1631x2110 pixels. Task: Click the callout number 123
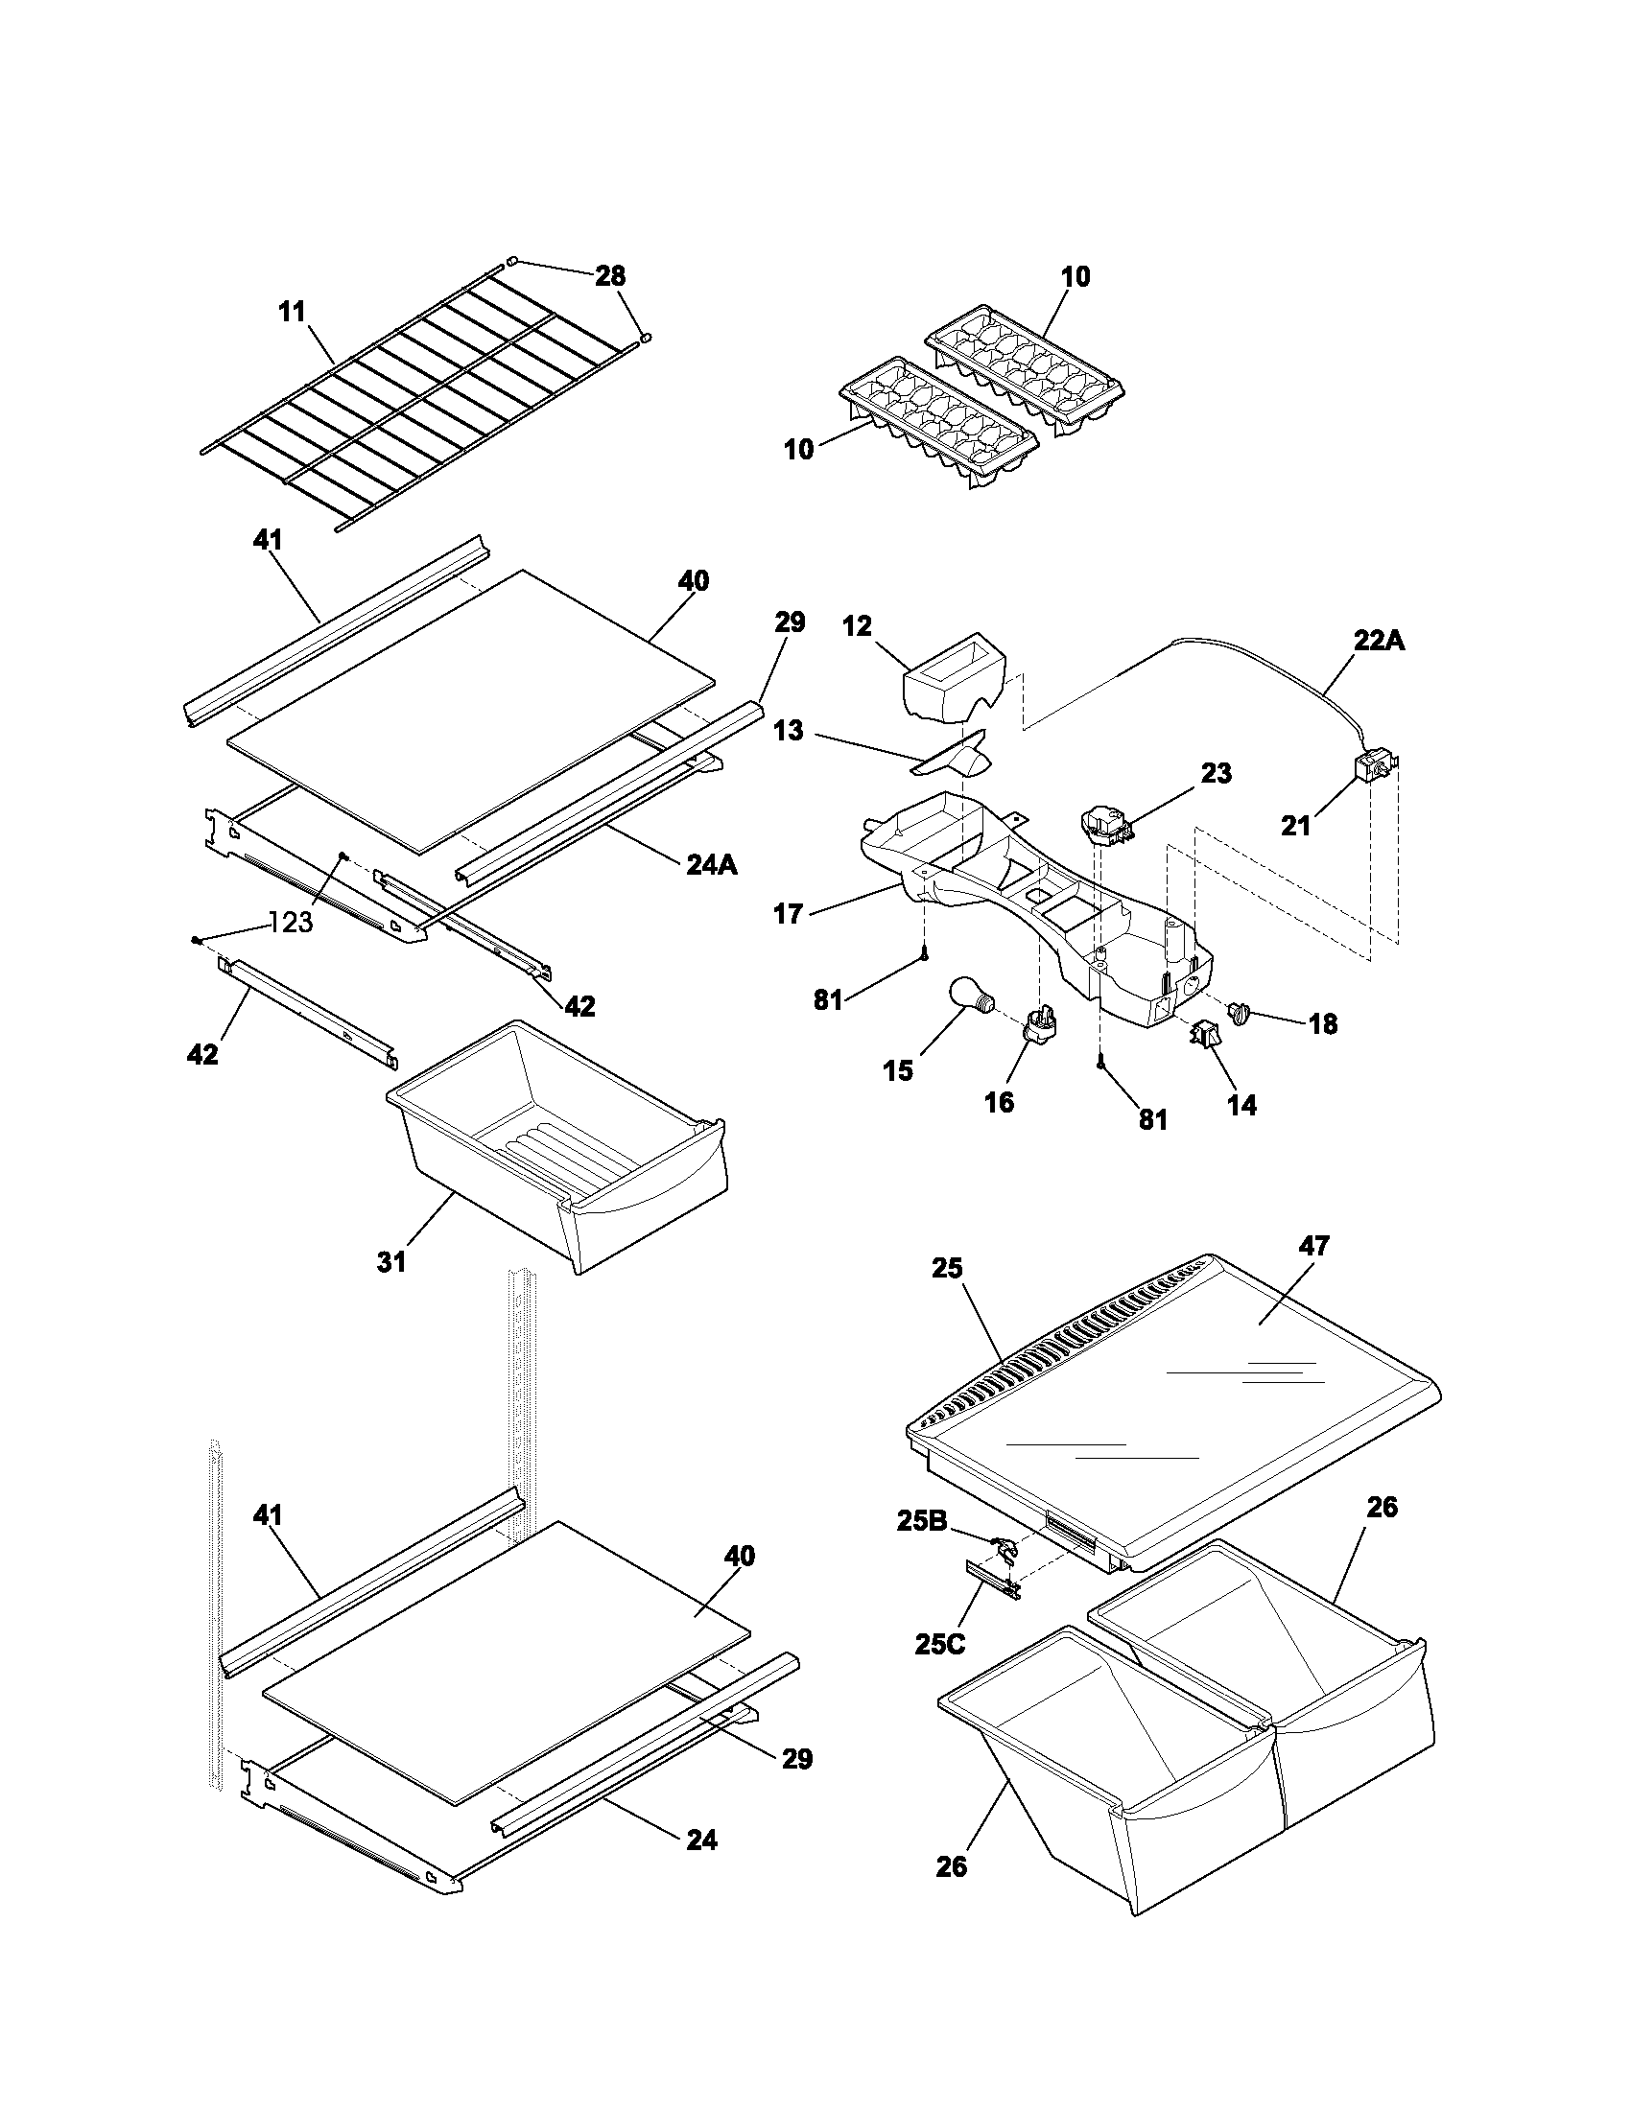291,923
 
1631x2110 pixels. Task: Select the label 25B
922,1521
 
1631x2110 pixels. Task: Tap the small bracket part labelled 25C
992,1580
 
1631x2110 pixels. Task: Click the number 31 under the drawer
391,1262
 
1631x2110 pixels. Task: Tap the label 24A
711,864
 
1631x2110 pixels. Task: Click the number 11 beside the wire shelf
292,312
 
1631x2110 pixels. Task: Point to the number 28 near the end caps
609,276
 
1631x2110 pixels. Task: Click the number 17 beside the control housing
788,913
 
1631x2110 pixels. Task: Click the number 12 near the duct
856,626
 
